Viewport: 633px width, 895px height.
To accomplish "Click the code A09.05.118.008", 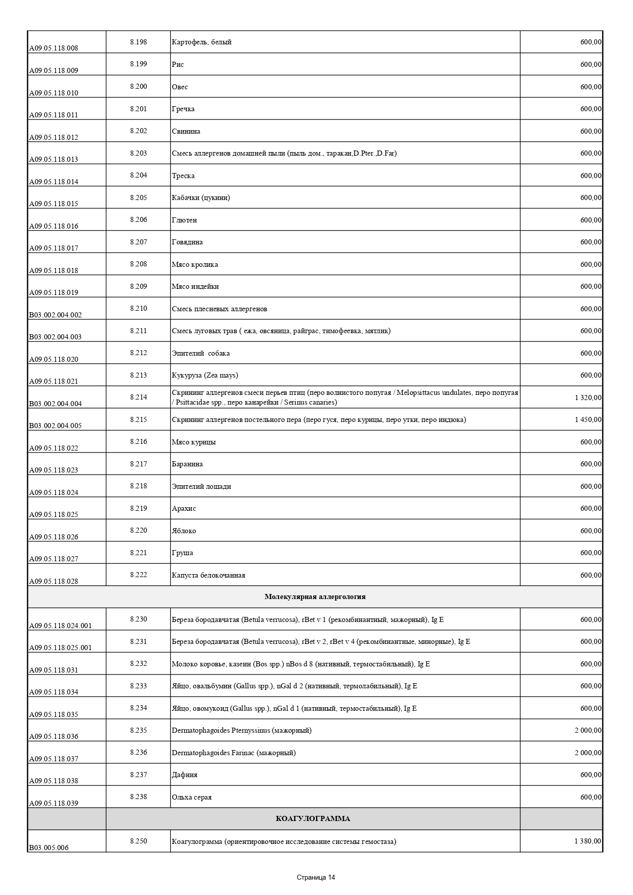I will click(54, 48).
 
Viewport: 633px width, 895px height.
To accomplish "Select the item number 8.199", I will click(138, 64).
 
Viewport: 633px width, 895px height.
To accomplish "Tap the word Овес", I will click(180, 87).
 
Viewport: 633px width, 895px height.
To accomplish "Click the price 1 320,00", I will click(588, 397).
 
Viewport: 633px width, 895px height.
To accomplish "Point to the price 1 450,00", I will click(588, 419).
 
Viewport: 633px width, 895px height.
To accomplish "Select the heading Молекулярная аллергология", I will click(315, 596).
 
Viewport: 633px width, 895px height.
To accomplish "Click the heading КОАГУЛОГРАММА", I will click(313, 818).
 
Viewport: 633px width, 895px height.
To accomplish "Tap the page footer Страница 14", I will click(316, 877).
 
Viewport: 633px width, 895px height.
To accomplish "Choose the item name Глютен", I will click(184, 220).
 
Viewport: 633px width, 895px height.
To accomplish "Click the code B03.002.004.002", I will click(55, 315).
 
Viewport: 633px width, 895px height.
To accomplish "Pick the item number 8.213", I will click(138, 375).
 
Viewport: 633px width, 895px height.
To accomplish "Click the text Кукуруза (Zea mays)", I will click(205, 375).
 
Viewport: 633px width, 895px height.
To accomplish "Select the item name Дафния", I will click(185, 775).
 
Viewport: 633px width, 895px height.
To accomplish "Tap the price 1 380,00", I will click(588, 841).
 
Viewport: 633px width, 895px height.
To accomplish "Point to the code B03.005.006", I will click(48, 848).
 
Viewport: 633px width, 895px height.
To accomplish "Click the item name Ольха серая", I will click(192, 797).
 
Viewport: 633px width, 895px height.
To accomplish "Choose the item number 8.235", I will click(138, 730).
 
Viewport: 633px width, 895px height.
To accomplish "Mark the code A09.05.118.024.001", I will click(60, 626).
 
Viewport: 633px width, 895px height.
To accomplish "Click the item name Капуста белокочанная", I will click(209, 575).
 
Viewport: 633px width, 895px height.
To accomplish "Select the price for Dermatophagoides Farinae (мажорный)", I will click(588, 753).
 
